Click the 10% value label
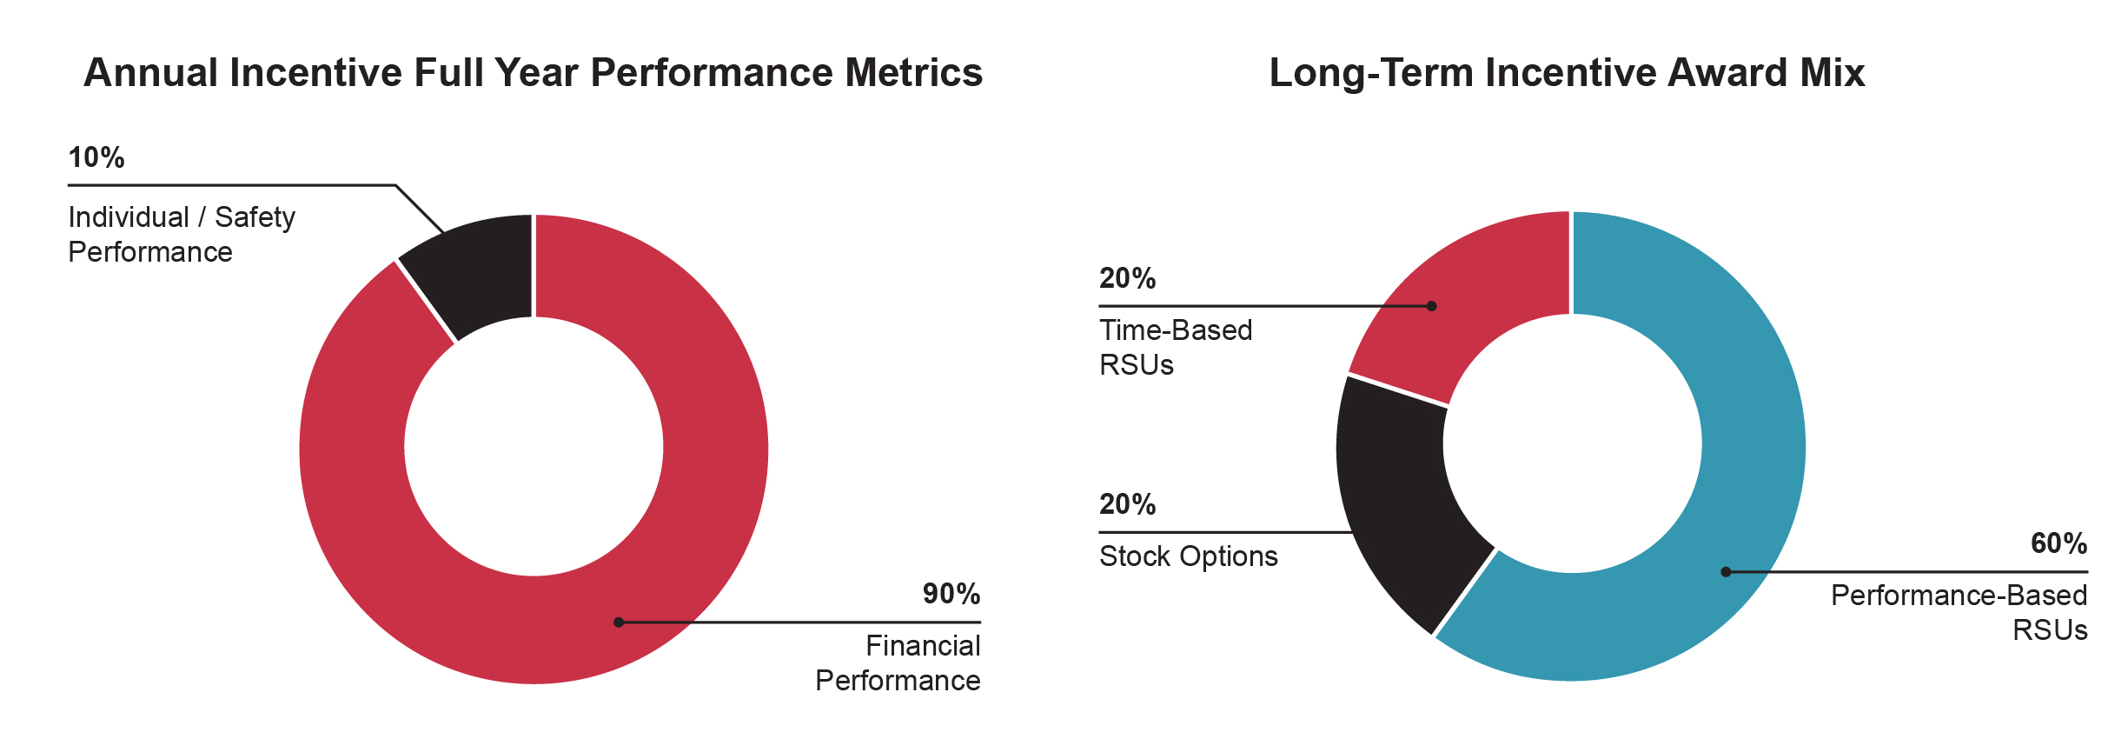pyautogui.click(x=96, y=158)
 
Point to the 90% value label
pyautogui.click(x=951, y=595)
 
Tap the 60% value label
pyautogui.click(x=2058, y=544)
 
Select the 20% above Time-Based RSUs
pyautogui.click(x=1127, y=279)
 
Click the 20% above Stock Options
pyautogui.click(x=1127, y=505)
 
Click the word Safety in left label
pyautogui.click(x=255, y=217)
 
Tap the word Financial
pyautogui.click(x=923, y=646)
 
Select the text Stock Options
pyautogui.click(x=1188, y=556)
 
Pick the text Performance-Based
pyautogui.click(x=1959, y=596)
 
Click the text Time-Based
pyautogui.click(x=1176, y=330)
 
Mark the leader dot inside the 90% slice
pyautogui.click(x=619, y=622)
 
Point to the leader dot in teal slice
pyautogui.click(x=1726, y=572)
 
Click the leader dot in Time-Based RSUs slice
pyautogui.click(x=1432, y=306)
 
